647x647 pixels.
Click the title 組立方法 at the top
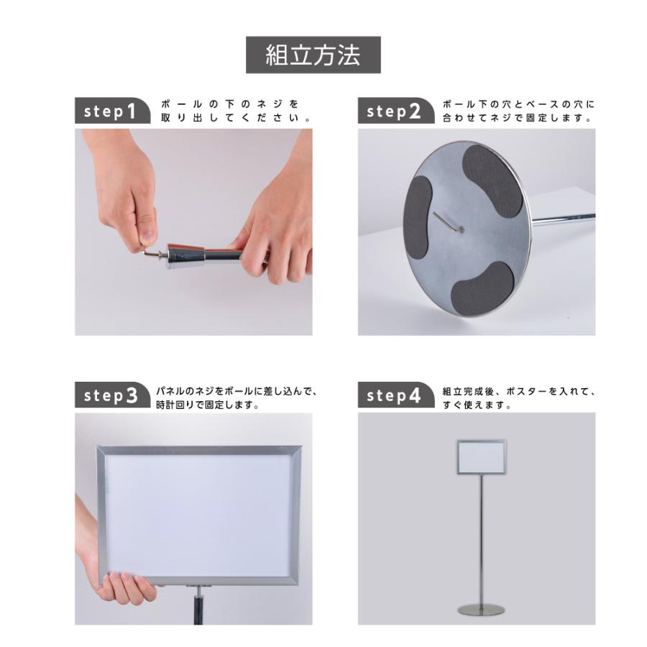[x=313, y=55]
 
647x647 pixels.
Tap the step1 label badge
[x=111, y=111]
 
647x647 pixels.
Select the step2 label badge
[x=394, y=111]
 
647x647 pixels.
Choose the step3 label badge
[x=111, y=395]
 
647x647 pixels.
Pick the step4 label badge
[x=394, y=395]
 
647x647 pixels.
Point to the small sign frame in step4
[x=481, y=456]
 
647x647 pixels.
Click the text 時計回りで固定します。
[x=208, y=405]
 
